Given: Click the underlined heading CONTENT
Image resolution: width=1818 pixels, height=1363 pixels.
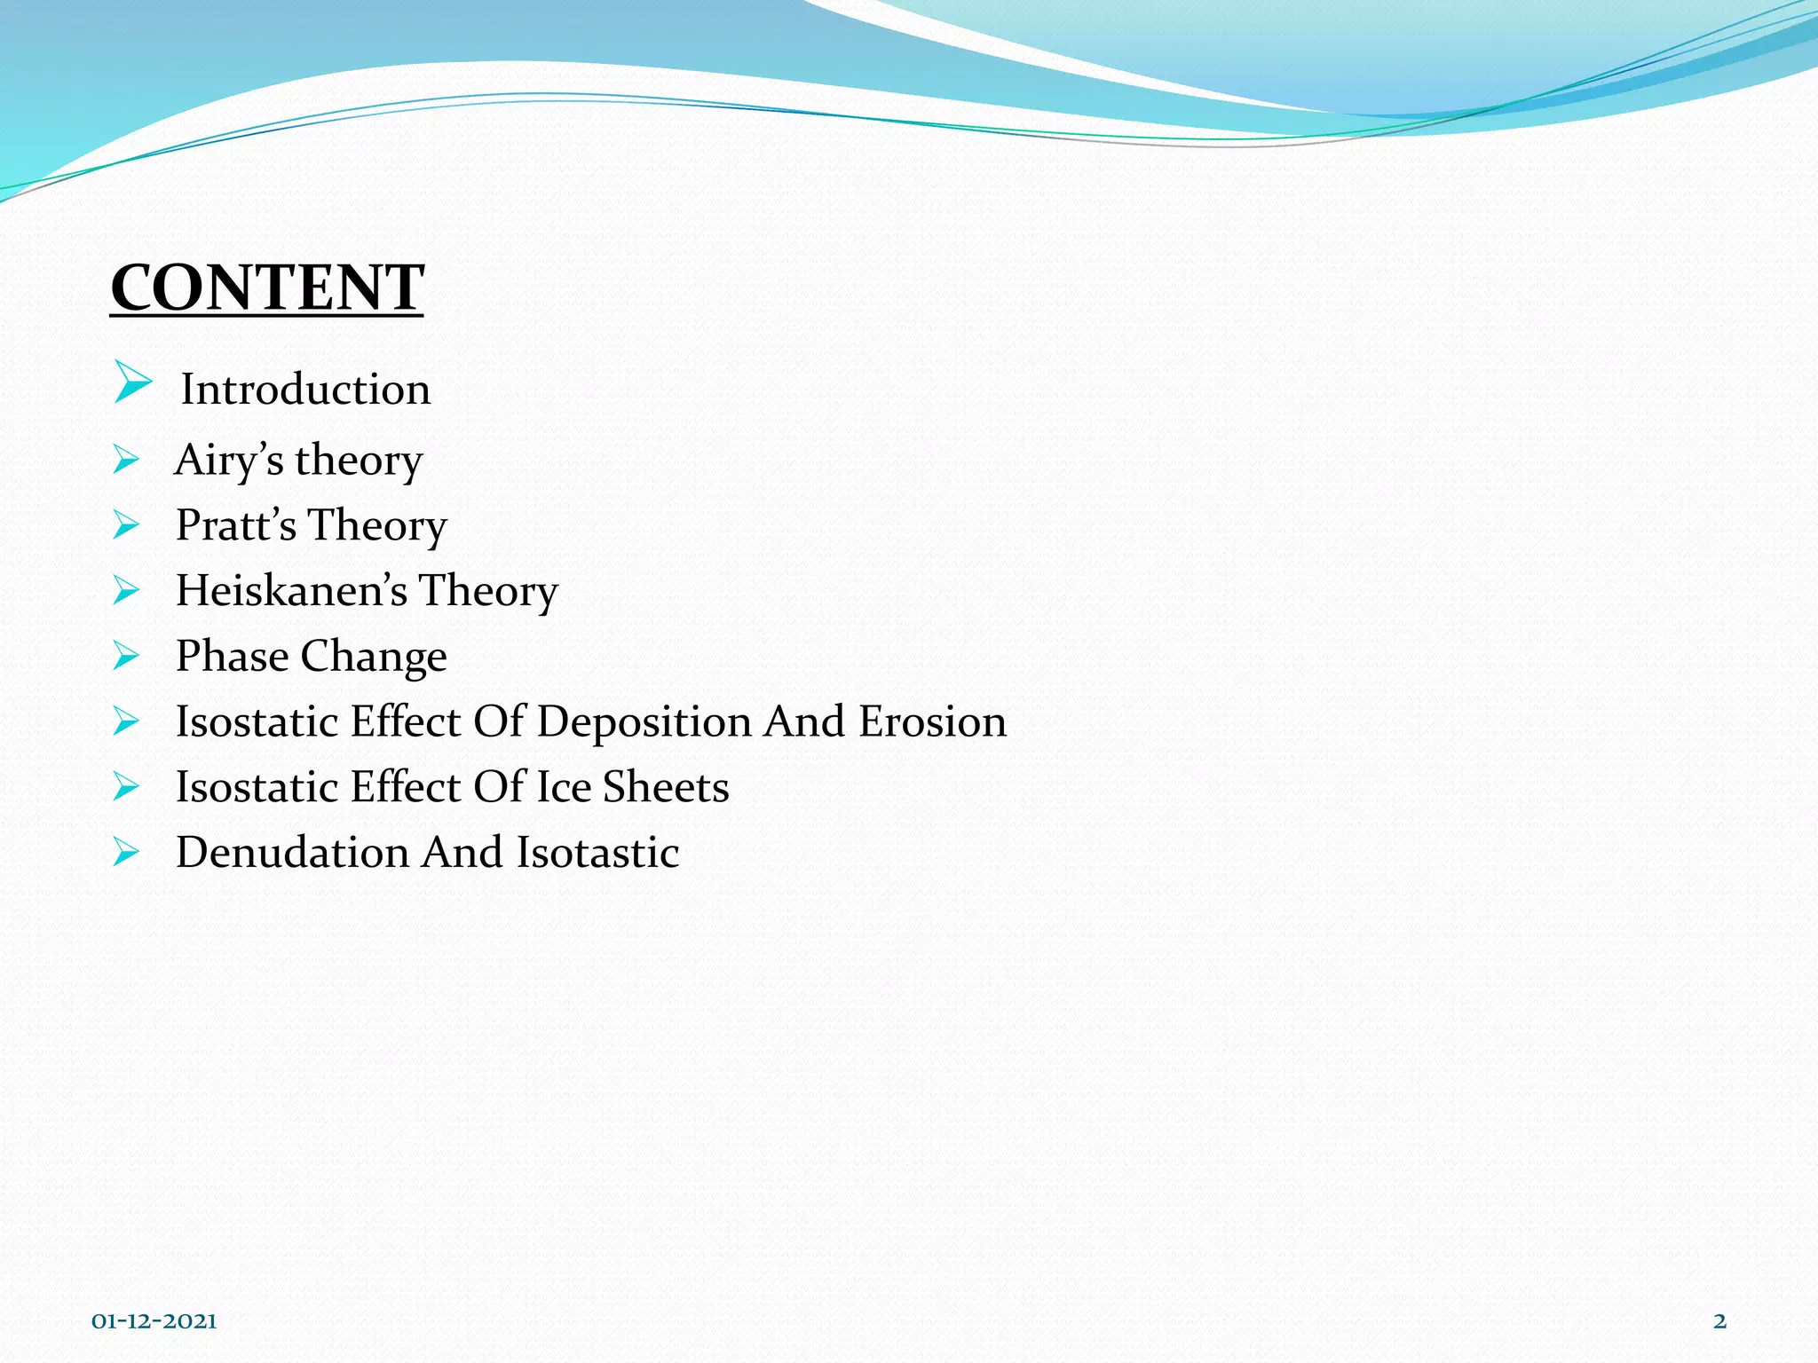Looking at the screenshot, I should [266, 288].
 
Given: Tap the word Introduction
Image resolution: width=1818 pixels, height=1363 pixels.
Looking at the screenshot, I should [305, 390].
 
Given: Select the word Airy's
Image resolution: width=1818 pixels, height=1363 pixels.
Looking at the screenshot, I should [229, 461].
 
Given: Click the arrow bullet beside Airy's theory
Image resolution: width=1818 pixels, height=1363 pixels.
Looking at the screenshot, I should [126, 460].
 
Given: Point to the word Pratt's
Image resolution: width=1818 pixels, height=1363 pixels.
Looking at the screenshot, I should [236, 525].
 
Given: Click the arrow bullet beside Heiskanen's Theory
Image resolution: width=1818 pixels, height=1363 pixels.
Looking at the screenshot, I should [126, 590].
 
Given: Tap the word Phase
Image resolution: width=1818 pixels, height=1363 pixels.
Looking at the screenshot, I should [232, 657].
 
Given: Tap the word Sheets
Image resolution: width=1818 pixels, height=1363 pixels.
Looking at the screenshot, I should [666, 787].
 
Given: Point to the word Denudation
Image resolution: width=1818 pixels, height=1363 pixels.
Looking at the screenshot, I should [292, 853].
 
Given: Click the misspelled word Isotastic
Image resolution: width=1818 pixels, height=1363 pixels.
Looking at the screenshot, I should [598, 853].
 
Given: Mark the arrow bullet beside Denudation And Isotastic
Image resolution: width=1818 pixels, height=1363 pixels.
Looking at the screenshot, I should [126, 853].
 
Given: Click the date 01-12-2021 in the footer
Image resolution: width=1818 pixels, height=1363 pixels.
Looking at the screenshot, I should [154, 1321].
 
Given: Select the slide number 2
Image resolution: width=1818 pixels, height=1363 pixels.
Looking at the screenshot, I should [1719, 1321].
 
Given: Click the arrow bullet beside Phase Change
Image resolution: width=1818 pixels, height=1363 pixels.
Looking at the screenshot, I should [126, 657].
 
